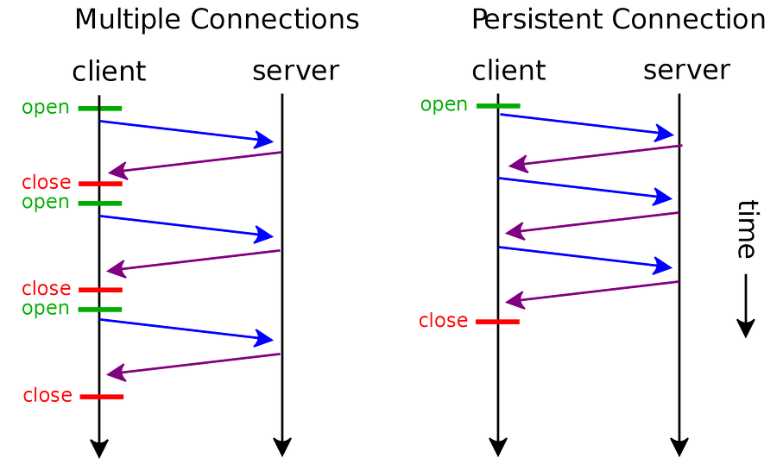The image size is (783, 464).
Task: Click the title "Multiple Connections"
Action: point(216,19)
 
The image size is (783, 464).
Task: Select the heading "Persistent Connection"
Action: point(618,19)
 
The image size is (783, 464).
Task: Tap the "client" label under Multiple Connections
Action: point(109,72)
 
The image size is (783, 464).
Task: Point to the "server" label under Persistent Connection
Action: point(686,70)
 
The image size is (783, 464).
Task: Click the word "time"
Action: point(746,229)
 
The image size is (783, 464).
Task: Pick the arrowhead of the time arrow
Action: point(746,329)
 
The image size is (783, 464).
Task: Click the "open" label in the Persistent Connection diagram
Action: point(444,104)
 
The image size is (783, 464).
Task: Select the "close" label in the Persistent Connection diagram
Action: point(443,321)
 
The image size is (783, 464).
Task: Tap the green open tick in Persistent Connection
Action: point(498,106)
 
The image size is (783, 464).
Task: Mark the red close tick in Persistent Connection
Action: point(498,322)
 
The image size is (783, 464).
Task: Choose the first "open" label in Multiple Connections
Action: point(46,108)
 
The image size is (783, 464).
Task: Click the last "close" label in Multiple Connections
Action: point(47,396)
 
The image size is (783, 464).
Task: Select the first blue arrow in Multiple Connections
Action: point(186,131)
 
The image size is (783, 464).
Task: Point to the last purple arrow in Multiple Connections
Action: point(193,364)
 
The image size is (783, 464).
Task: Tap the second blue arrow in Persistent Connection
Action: point(584,188)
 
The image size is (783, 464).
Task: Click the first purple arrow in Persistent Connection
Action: point(595,155)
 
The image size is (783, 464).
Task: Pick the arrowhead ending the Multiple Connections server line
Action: point(282,448)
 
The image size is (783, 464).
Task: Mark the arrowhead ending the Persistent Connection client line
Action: point(498,448)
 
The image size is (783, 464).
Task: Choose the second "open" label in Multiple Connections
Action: point(46,202)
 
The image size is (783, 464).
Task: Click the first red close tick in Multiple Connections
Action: point(100,184)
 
